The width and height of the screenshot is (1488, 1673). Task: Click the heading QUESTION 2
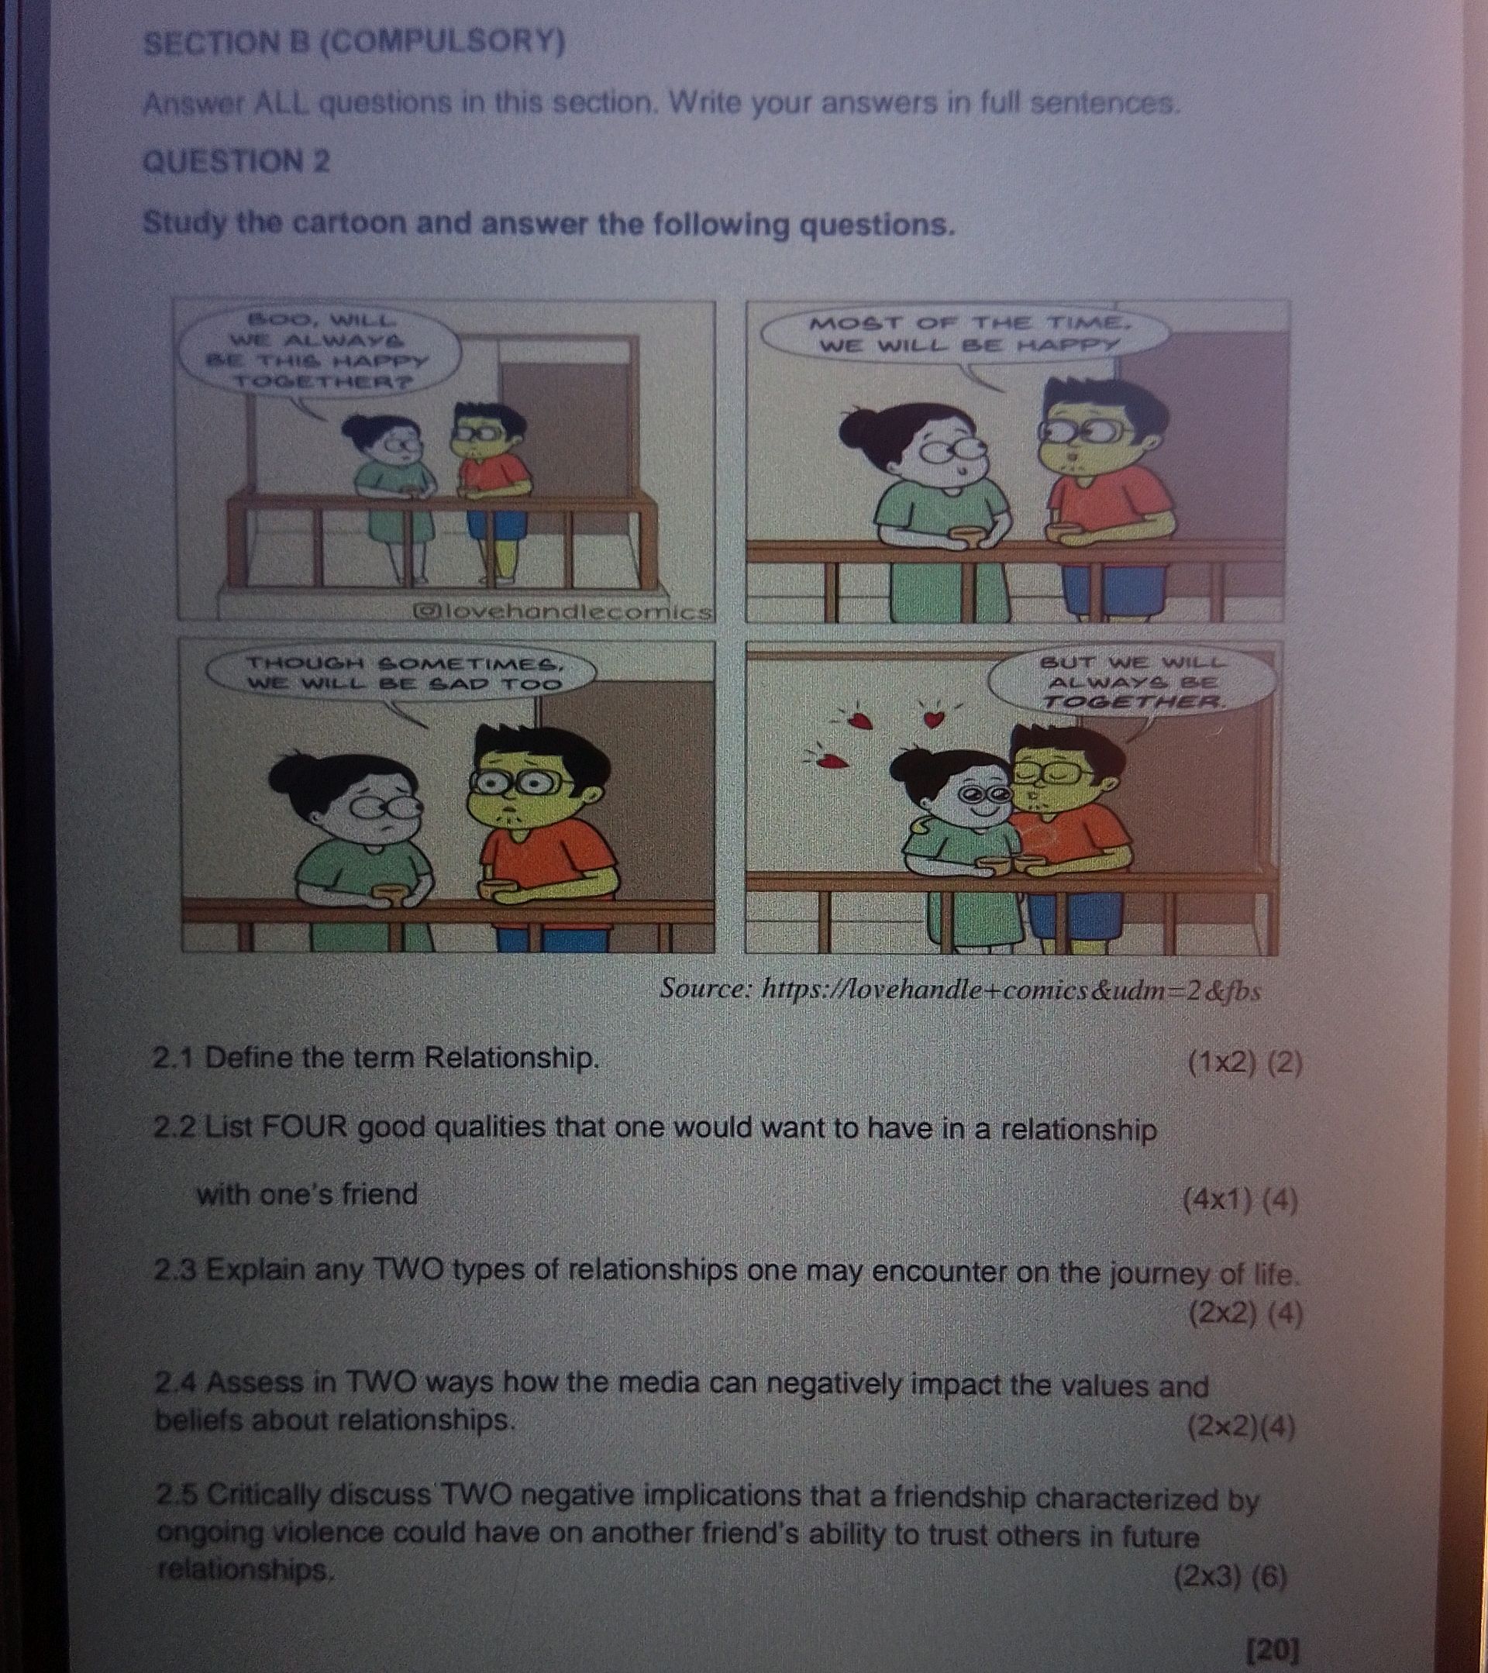click(x=236, y=161)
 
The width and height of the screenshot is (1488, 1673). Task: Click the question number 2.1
click(x=173, y=1059)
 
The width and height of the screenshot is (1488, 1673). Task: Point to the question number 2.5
click(x=176, y=1496)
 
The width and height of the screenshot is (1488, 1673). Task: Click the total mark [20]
click(x=1271, y=1649)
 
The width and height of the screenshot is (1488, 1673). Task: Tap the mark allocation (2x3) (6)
click(x=1230, y=1575)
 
